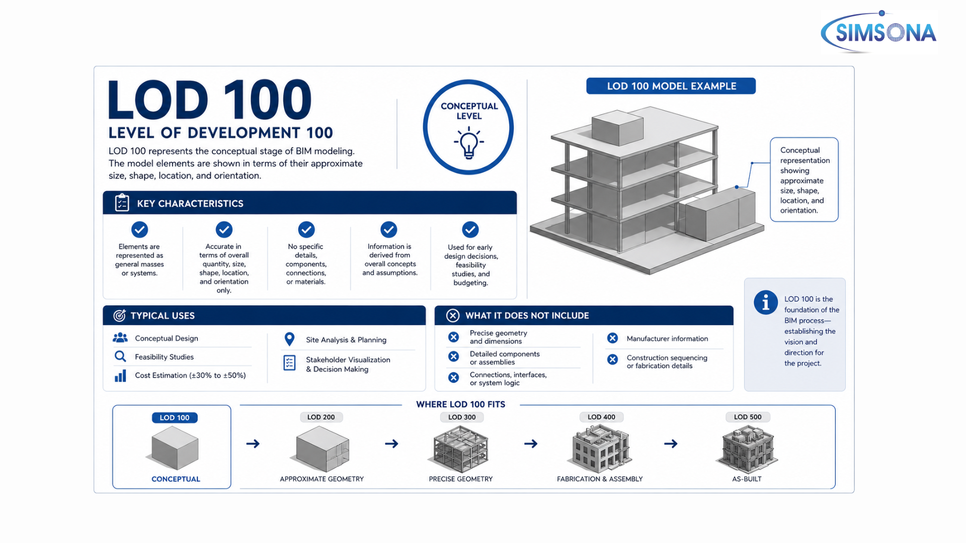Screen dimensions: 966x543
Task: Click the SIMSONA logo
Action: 878,32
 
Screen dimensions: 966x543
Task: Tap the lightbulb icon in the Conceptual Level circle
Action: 469,143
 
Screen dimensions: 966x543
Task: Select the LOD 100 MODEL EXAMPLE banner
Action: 671,86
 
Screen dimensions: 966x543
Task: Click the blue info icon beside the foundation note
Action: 766,303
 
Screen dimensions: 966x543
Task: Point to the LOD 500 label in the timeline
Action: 748,417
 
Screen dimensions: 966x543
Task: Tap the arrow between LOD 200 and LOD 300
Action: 391,443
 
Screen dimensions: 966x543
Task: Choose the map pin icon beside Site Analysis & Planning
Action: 289,339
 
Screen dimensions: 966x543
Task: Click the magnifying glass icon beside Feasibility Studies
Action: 120,356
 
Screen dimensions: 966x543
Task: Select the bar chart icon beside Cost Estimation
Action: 120,376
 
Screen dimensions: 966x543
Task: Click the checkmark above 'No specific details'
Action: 306,229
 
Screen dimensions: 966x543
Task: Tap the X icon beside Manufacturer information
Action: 612,338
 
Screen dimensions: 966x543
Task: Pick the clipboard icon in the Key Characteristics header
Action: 122,203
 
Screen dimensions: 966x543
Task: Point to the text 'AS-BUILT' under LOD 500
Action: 747,479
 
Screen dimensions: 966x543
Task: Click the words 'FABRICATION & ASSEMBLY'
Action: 600,479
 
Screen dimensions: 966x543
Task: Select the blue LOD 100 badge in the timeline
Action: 175,418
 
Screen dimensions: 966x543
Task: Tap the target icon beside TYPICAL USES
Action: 119,315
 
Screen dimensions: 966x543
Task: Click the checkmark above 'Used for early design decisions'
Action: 470,230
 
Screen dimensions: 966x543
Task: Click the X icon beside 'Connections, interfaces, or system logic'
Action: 453,378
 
